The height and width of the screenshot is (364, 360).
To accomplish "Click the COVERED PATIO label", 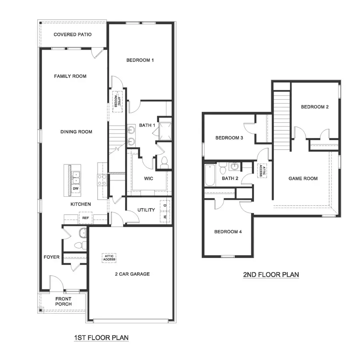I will pos(73,35).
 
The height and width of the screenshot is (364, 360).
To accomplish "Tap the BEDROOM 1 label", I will pos(140,60).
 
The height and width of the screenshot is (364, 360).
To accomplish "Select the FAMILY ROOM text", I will pos(70,76).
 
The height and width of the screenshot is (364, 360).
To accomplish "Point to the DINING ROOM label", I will pos(76,132).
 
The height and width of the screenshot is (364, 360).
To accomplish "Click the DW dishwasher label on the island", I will pos(76,188).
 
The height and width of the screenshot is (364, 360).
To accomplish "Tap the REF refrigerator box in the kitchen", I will pos(85,218).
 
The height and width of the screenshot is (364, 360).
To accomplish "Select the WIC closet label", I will pos(148,178).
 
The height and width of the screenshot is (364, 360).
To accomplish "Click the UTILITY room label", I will pos(146,210).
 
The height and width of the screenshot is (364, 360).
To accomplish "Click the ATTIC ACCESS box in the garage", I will pos(109,258).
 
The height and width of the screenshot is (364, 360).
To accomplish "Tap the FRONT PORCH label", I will pos(64,301).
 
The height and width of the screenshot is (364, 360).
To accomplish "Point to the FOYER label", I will pos(52,257).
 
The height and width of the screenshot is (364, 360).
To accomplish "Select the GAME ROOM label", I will pos(303,178).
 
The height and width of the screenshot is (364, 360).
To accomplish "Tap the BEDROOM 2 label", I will pos(315,107).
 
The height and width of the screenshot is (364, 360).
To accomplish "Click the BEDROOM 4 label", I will pos(228,232).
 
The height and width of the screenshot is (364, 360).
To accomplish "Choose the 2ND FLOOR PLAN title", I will pos(271,275).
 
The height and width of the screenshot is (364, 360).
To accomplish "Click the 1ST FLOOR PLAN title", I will pos(101,338).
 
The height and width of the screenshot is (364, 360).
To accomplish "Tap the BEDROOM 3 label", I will pos(229,138).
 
